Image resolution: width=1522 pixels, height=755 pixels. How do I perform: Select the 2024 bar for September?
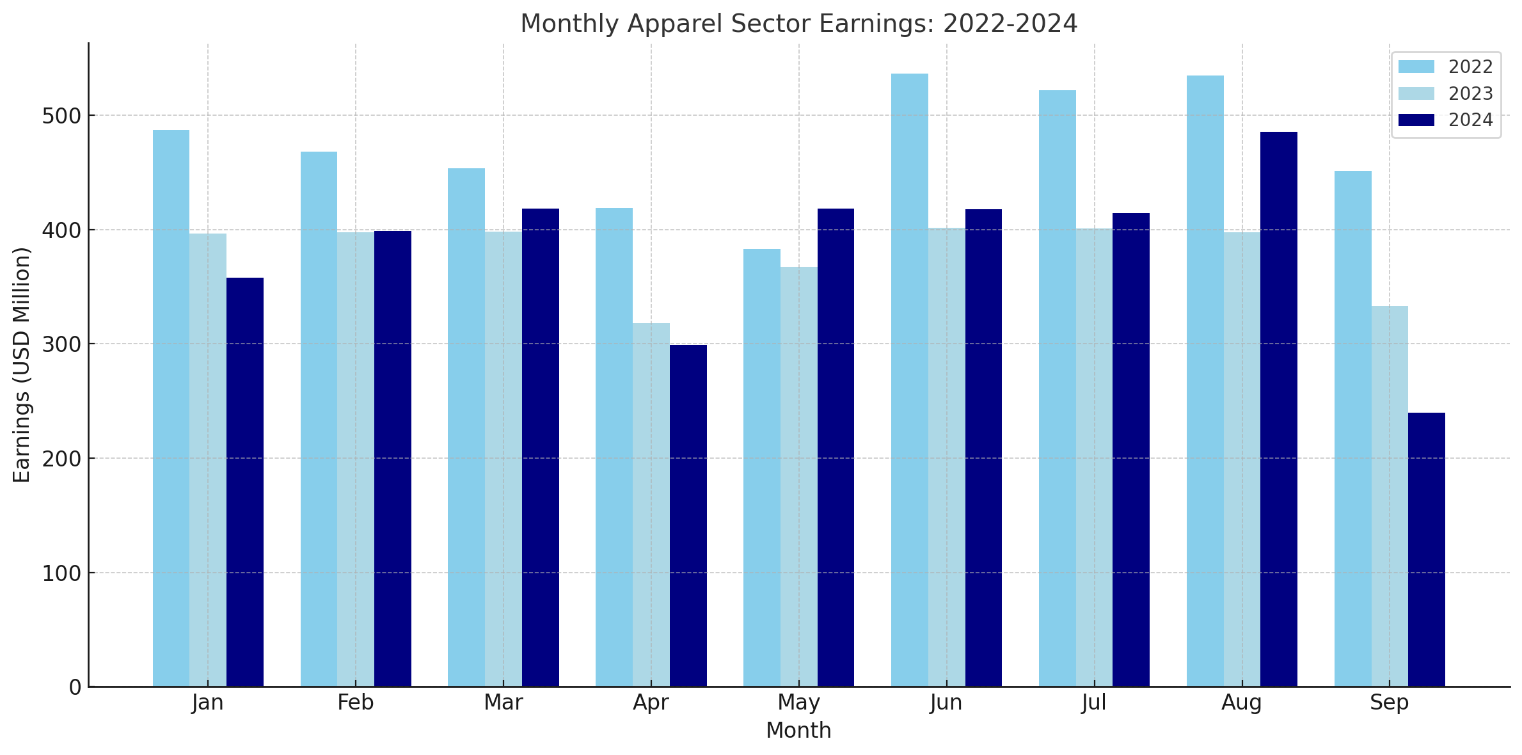1427,550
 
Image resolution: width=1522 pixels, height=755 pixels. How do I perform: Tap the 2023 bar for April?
651,505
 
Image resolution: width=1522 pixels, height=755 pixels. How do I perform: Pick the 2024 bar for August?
1279,409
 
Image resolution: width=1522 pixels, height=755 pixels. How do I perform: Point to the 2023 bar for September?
1390,496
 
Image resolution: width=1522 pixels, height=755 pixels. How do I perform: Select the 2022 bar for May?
761,468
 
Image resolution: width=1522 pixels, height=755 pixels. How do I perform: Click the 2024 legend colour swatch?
1416,120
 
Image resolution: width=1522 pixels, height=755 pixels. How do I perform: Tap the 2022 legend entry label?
1471,67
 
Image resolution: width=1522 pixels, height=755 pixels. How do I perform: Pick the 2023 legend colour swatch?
1416,93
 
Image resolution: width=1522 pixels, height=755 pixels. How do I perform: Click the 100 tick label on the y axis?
62,573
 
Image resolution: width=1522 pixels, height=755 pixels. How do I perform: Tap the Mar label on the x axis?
503,703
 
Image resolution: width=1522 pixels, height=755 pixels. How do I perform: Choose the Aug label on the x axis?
1242,703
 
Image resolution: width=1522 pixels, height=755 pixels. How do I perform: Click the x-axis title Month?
798,731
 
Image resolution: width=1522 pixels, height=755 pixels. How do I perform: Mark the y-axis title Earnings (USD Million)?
22,365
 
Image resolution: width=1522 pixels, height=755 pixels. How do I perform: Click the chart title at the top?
798,24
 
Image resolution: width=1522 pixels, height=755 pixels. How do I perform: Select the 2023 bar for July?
1094,457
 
